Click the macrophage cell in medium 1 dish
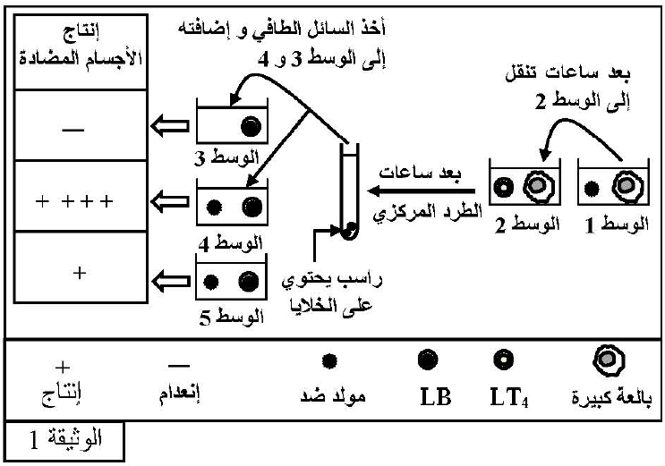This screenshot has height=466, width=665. coord(620,188)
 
